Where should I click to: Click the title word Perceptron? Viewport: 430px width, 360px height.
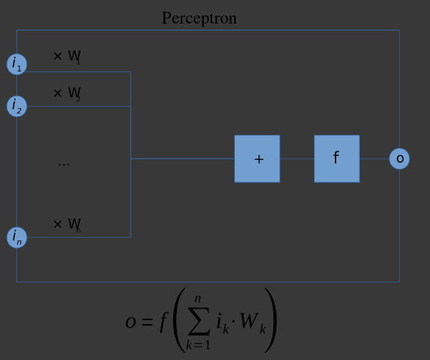coord(199,18)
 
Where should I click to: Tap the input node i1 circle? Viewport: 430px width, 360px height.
coord(17,64)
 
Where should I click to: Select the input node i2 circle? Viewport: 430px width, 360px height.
coord(17,106)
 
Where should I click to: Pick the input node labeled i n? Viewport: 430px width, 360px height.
coord(17,237)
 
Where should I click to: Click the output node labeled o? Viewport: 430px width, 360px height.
coord(400,159)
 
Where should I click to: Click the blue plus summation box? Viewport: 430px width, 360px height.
coord(257,159)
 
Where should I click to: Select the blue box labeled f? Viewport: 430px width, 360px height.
coord(337,159)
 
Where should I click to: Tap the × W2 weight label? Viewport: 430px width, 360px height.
coord(67,93)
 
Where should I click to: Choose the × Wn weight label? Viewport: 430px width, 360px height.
coord(67,224)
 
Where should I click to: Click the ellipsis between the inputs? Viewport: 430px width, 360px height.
coord(63,163)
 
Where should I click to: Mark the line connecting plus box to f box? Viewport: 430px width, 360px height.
coord(297,159)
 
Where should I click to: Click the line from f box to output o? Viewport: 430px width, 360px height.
coord(375,159)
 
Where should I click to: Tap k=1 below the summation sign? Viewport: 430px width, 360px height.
coord(198,345)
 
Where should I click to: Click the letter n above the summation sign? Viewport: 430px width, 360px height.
coord(198,299)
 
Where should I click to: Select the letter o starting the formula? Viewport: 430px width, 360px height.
coord(131,322)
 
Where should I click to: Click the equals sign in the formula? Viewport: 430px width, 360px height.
coord(148,322)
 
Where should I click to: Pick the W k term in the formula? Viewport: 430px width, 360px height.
coord(252,324)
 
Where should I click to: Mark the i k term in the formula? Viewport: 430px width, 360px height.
coord(223,324)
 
